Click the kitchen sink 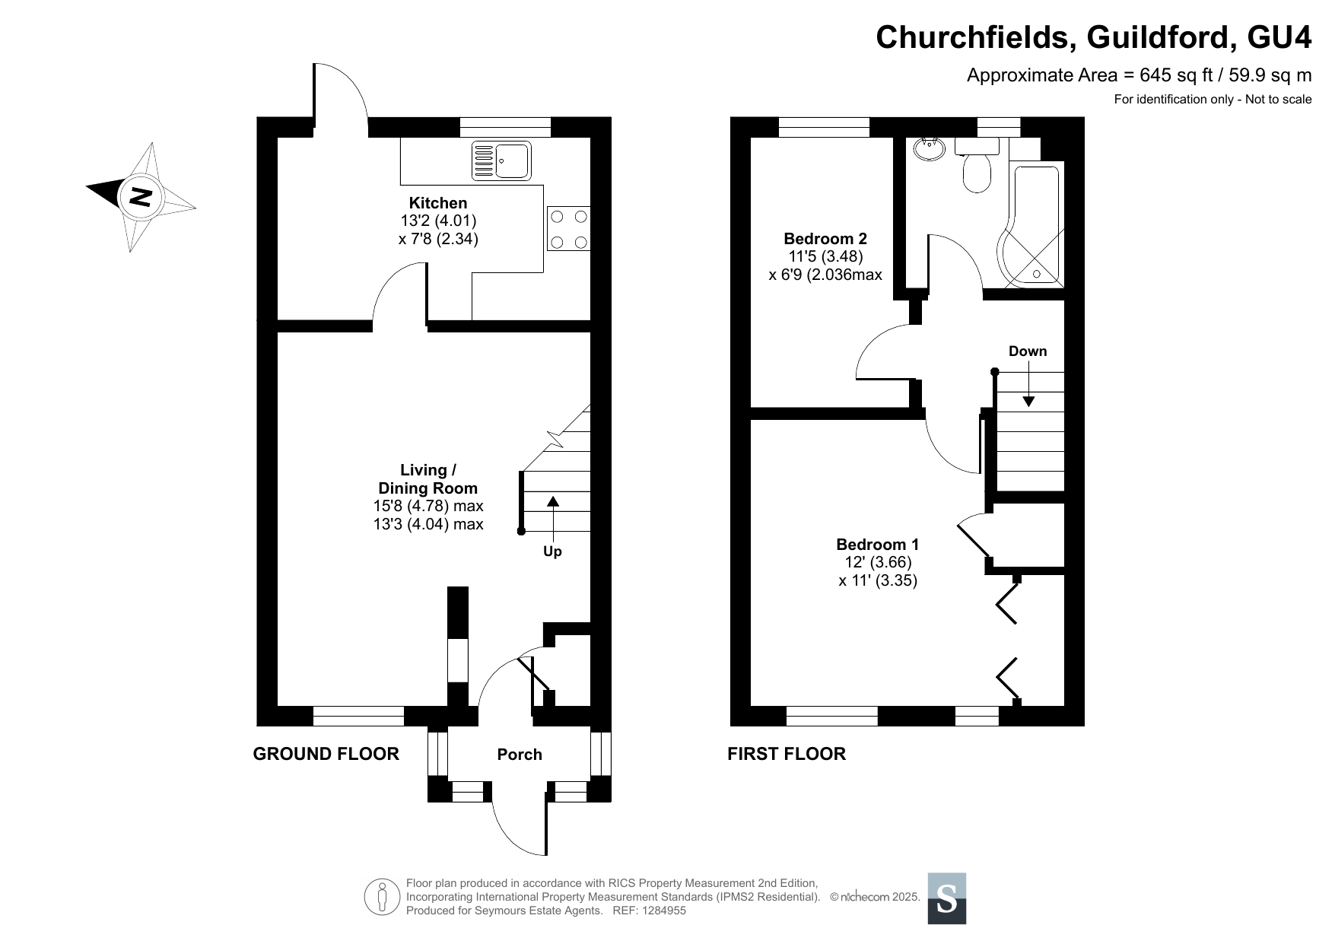(x=501, y=161)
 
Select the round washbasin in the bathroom (x=929, y=149)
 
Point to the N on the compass (x=140, y=197)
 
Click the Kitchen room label (x=438, y=203)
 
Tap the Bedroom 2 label (x=825, y=239)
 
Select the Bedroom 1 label (x=878, y=545)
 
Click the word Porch (x=520, y=755)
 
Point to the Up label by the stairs (x=552, y=551)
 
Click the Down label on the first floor (x=1028, y=351)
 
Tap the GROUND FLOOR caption (x=326, y=754)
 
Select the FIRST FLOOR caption (x=787, y=754)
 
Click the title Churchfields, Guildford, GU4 (x=1094, y=37)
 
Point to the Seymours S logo (x=947, y=898)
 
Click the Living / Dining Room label (x=428, y=479)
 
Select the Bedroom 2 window (x=824, y=127)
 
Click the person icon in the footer (x=383, y=897)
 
